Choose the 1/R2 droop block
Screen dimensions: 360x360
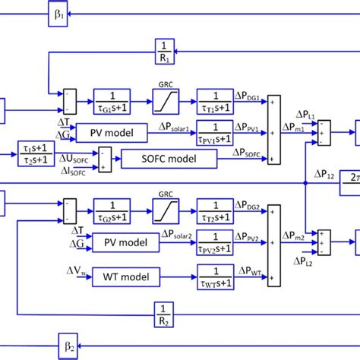(x=166, y=311)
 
